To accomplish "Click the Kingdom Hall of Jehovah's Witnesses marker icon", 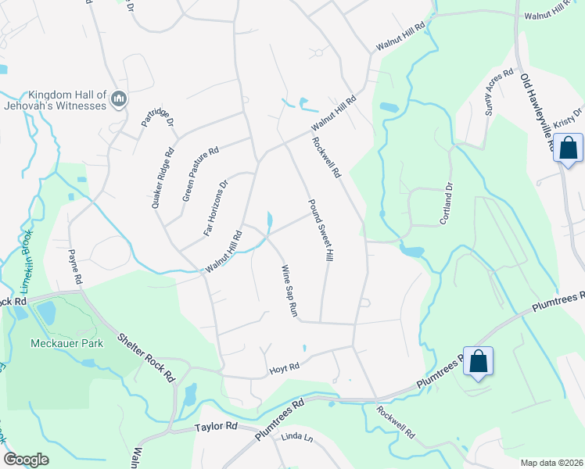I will coord(119,98).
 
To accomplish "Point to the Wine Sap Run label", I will coord(289,291).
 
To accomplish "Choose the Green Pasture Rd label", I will coord(200,174).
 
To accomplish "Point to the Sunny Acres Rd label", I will coord(497,92).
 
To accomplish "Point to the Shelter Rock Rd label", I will coord(146,358).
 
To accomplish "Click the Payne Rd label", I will coord(74,266).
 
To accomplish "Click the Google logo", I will coord(26,459).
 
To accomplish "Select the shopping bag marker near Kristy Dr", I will coord(568,147).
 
